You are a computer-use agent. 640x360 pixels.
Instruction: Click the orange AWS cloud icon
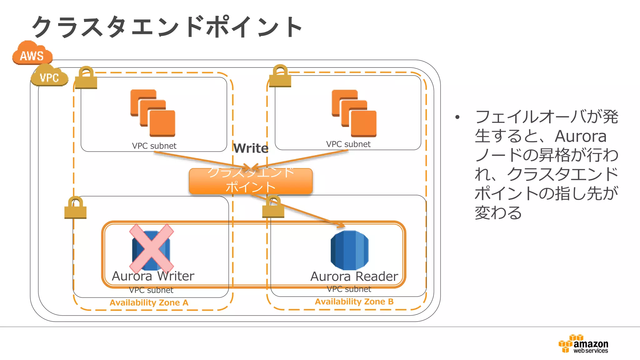[x=32, y=54]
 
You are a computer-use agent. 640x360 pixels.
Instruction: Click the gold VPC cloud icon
[x=49, y=76]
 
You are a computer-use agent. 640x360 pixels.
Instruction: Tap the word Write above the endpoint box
[x=251, y=148]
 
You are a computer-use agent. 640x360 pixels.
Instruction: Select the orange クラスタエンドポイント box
[x=251, y=181]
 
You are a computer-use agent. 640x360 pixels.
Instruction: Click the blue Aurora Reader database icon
[x=349, y=250]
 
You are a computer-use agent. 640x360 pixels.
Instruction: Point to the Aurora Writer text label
[x=153, y=276]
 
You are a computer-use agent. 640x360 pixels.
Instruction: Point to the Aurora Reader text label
[x=354, y=277]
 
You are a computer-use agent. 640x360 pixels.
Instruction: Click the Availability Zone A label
[x=149, y=302]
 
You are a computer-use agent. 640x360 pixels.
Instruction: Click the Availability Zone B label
[x=354, y=302]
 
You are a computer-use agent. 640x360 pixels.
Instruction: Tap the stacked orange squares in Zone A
[x=153, y=113]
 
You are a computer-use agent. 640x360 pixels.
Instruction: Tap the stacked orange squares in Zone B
[x=354, y=113]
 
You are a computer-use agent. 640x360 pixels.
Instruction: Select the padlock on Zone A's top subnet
[x=86, y=78]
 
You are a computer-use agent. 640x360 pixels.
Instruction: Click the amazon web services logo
[x=583, y=344]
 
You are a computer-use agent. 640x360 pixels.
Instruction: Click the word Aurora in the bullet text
[x=580, y=136]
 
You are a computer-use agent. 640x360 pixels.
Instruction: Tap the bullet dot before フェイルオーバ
[x=457, y=117]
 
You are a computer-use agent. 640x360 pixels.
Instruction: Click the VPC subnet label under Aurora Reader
[x=349, y=289]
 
